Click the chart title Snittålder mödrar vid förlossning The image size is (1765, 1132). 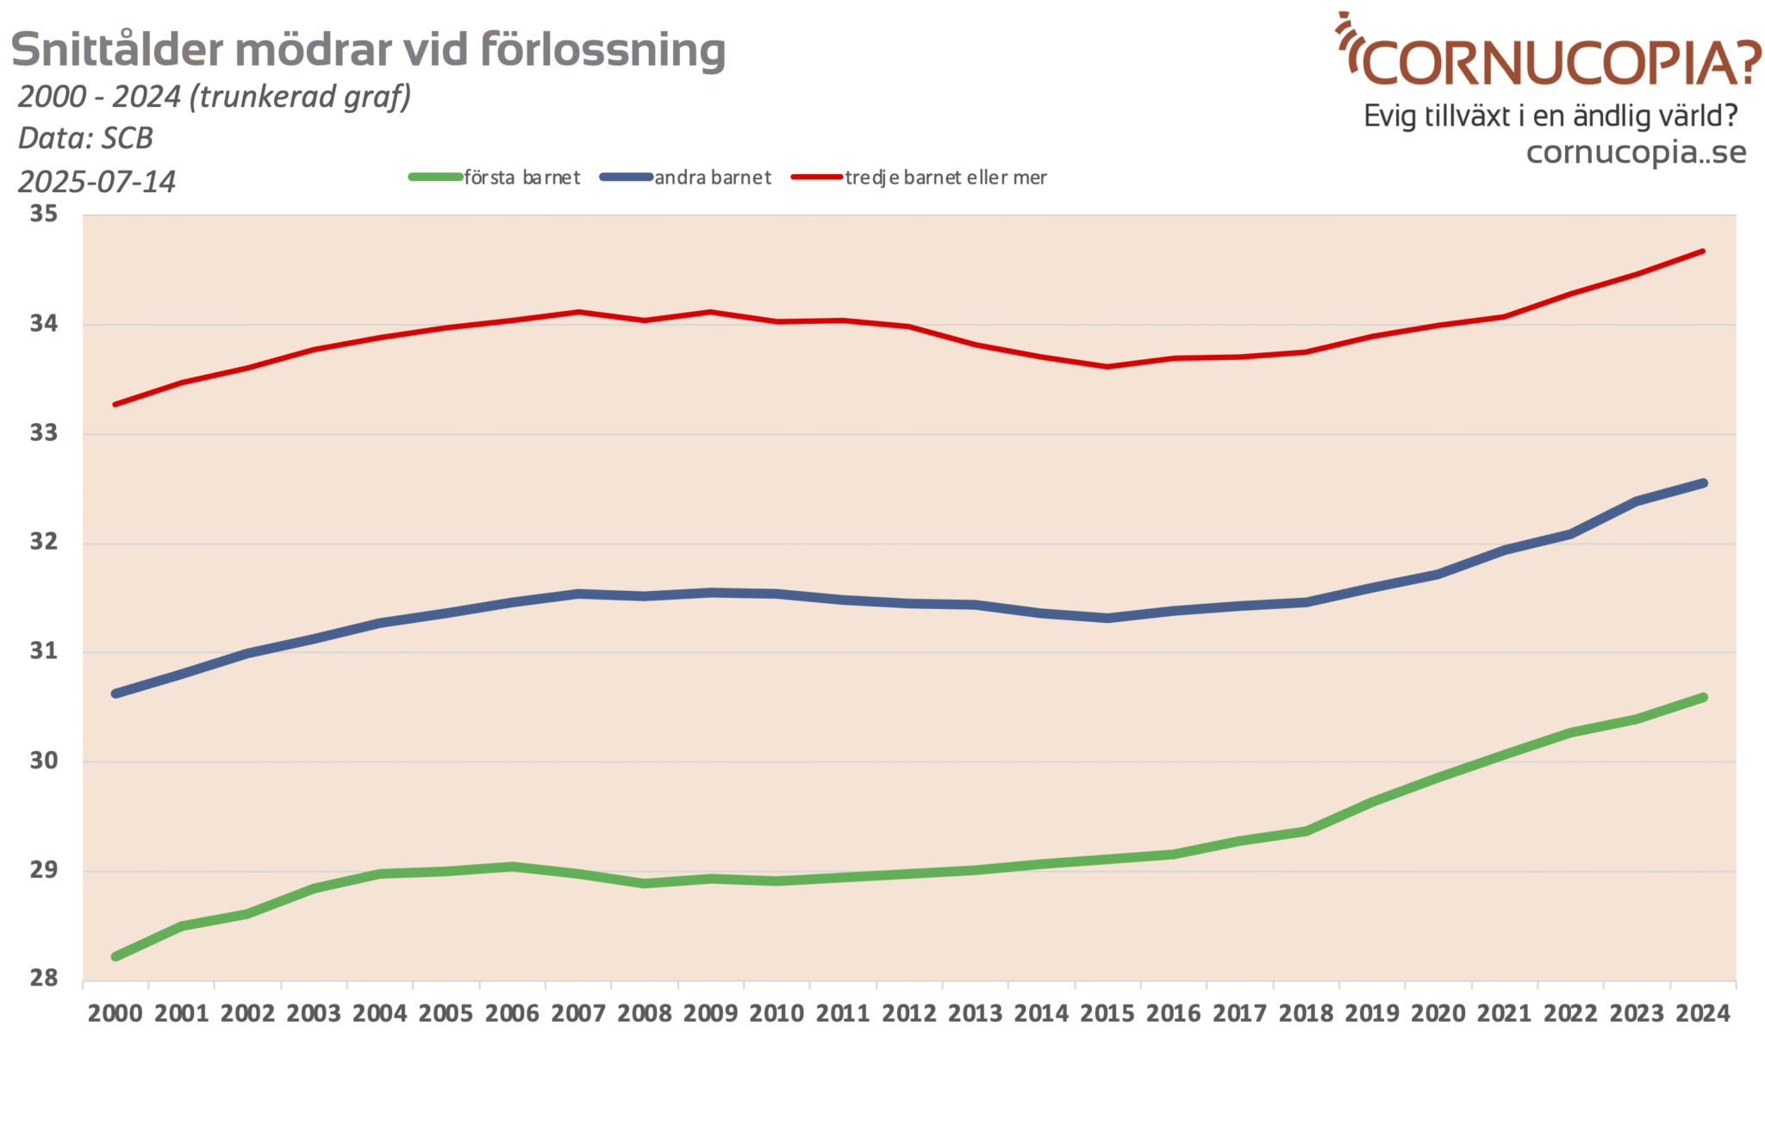(x=368, y=50)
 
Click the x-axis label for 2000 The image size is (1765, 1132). (x=115, y=1013)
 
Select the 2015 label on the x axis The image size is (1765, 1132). (x=1107, y=1013)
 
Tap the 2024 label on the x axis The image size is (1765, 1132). (x=1702, y=1013)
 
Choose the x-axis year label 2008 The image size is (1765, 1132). (x=644, y=1013)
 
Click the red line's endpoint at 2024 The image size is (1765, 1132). (x=1703, y=252)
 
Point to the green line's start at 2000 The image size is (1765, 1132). (x=115, y=956)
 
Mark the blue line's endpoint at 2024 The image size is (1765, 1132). (x=1703, y=483)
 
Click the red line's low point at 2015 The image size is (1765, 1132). (x=1107, y=366)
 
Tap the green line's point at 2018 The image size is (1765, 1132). (x=1306, y=831)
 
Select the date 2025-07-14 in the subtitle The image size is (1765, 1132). (x=97, y=182)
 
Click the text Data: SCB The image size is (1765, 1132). (x=85, y=138)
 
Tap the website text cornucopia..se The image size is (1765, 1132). (x=1636, y=152)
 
